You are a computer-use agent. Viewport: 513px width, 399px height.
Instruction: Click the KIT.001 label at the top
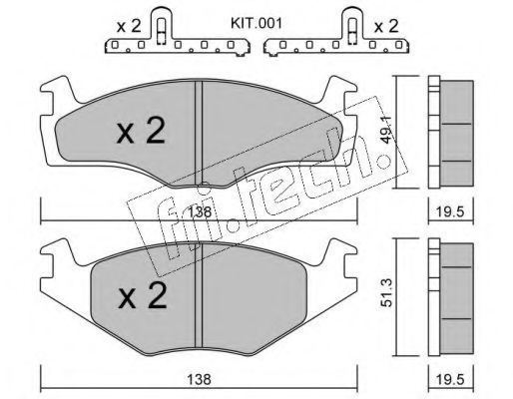256,24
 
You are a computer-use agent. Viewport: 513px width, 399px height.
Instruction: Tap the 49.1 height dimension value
386,132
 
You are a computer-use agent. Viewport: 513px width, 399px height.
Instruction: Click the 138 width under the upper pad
200,211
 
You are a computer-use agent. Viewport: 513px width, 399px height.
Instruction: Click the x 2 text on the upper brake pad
141,132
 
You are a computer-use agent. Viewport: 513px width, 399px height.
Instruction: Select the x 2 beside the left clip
129,26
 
